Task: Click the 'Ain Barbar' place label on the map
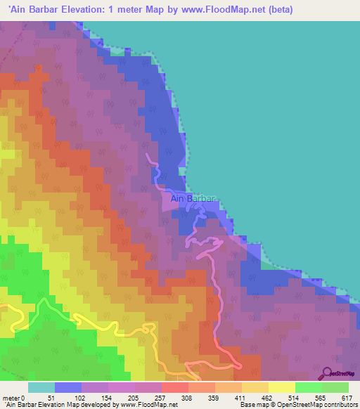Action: pos(191,199)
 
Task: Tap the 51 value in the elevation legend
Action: pos(51,398)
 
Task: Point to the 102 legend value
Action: pos(79,398)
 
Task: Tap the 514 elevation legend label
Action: pos(295,398)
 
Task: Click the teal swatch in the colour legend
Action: pos(41,387)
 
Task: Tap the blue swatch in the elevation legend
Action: pos(68,387)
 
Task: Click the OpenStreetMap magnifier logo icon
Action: pos(326,373)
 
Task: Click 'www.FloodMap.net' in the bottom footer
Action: pos(148,405)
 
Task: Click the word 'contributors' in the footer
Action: pos(340,405)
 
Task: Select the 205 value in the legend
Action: pos(132,398)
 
